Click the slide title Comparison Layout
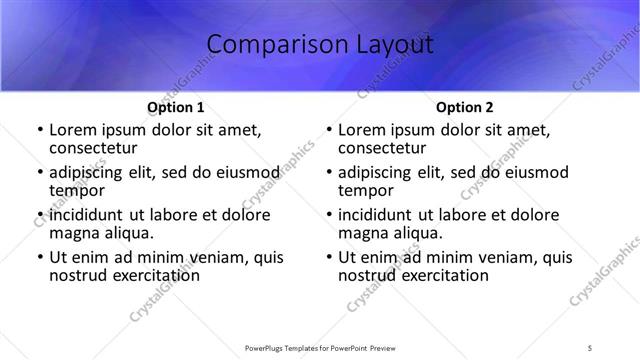[x=320, y=45]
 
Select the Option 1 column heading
[x=176, y=107]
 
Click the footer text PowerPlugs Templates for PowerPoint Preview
[x=319, y=347]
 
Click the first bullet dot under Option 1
[x=39, y=131]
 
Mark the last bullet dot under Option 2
[x=328, y=258]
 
